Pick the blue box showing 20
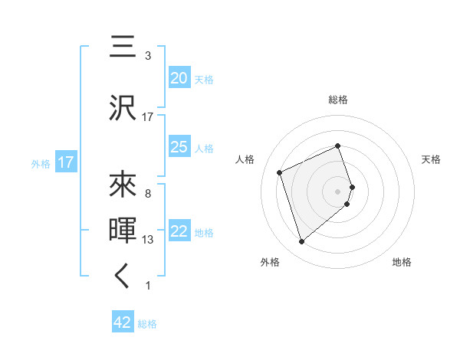point(179,78)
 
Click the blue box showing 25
point(179,147)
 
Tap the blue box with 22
point(179,232)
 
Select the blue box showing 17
point(65,162)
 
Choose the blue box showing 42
point(123,322)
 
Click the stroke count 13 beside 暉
point(148,240)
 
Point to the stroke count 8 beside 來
point(148,193)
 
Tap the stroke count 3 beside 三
point(148,56)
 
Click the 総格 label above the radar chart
point(338,100)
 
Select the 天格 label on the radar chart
point(431,159)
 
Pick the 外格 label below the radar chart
point(270,262)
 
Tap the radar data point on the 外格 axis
point(301,242)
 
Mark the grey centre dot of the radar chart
point(338,191)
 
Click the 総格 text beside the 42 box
point(147,324)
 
